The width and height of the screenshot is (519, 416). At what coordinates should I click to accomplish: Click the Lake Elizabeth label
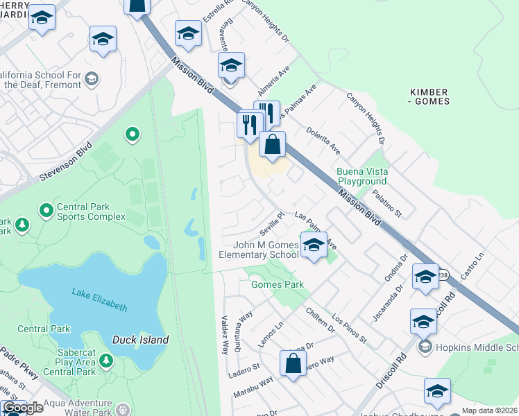(99, 299)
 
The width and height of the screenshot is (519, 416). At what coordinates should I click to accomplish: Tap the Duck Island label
(140, 340)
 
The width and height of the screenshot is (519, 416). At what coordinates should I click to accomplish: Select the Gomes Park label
(277, 284)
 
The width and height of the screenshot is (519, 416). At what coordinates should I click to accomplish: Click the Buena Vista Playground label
(362, 176)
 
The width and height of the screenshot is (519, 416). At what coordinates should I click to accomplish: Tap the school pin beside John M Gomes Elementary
(314, 245)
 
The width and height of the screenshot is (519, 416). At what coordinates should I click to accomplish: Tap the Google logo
(23, 408)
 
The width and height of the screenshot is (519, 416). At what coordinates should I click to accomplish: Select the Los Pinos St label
(349, 328)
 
